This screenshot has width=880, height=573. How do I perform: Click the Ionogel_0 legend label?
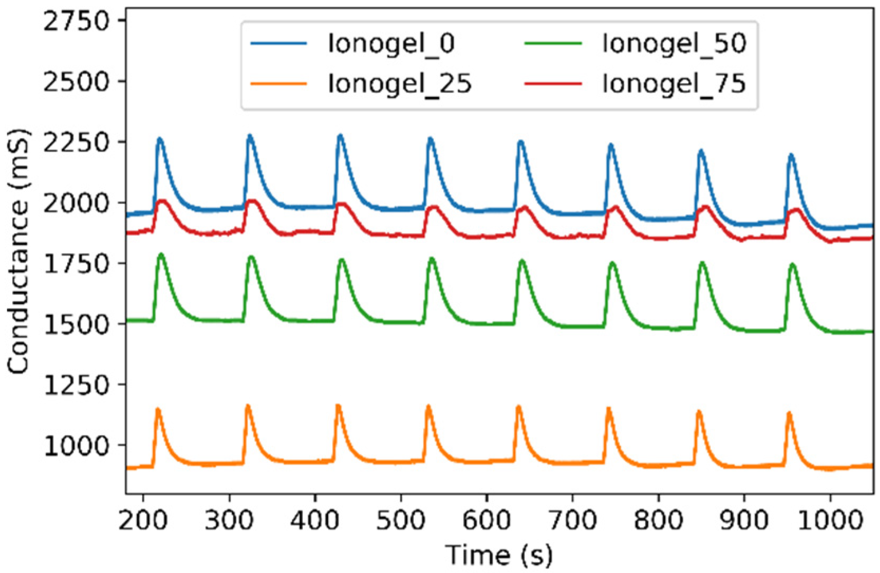391,43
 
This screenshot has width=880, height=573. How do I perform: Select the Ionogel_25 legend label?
399,84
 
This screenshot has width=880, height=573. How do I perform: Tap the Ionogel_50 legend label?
674,43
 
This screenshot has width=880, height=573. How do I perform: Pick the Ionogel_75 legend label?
674,84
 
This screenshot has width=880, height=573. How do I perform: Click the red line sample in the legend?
553,84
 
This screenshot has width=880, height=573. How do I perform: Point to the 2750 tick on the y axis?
77,21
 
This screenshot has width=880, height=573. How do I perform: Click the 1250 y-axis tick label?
77,385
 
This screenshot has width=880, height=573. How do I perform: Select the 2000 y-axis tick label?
77,203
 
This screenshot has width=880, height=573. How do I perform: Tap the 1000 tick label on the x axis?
830,521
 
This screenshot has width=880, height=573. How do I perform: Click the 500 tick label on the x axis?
401,521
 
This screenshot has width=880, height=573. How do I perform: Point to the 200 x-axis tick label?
143,521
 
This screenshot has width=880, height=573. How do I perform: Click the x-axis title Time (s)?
499,555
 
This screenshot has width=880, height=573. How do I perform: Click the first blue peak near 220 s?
160,139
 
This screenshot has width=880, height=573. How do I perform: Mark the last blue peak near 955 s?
791,155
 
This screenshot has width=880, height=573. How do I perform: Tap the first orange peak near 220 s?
157,409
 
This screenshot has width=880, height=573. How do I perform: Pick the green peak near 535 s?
432,258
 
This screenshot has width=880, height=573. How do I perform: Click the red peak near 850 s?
705,207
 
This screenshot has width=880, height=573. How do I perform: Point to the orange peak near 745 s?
608,409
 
